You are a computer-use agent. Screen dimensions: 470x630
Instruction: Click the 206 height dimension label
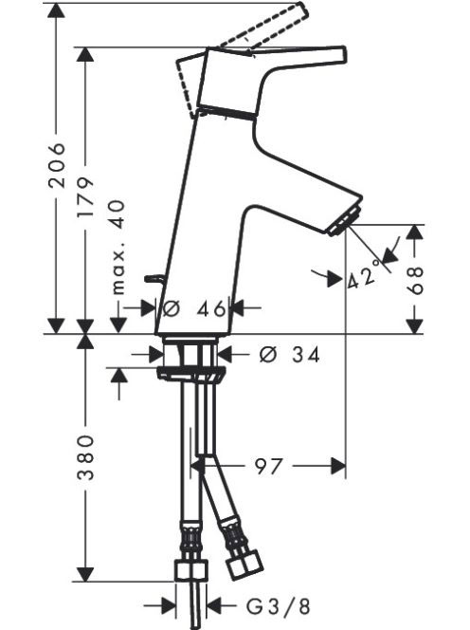pyautogui.click(x=56, y=164)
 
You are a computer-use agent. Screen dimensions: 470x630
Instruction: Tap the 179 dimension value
pyautogui.click(x=85, y=196)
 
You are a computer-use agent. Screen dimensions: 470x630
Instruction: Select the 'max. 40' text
pyautogui.click(x=118, y=247)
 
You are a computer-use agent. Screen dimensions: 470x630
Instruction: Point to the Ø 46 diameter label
pyautogui.click(x=194, y=308)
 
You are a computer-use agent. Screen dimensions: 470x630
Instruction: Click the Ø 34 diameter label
pyautogui.click(x=290, y=355)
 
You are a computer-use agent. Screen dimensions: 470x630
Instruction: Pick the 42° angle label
pyautogui.click(x=363, y=274)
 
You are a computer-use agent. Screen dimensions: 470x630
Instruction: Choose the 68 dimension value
pyautogui.click(x=415, y=280)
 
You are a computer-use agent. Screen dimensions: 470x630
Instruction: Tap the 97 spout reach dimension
pyautogui.click(x=269, y=466)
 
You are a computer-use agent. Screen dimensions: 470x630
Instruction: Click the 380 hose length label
pyautogui.click(x=85, y=457)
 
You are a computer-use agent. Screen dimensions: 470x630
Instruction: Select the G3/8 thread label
pyautogui.click(x=279, y=606)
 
